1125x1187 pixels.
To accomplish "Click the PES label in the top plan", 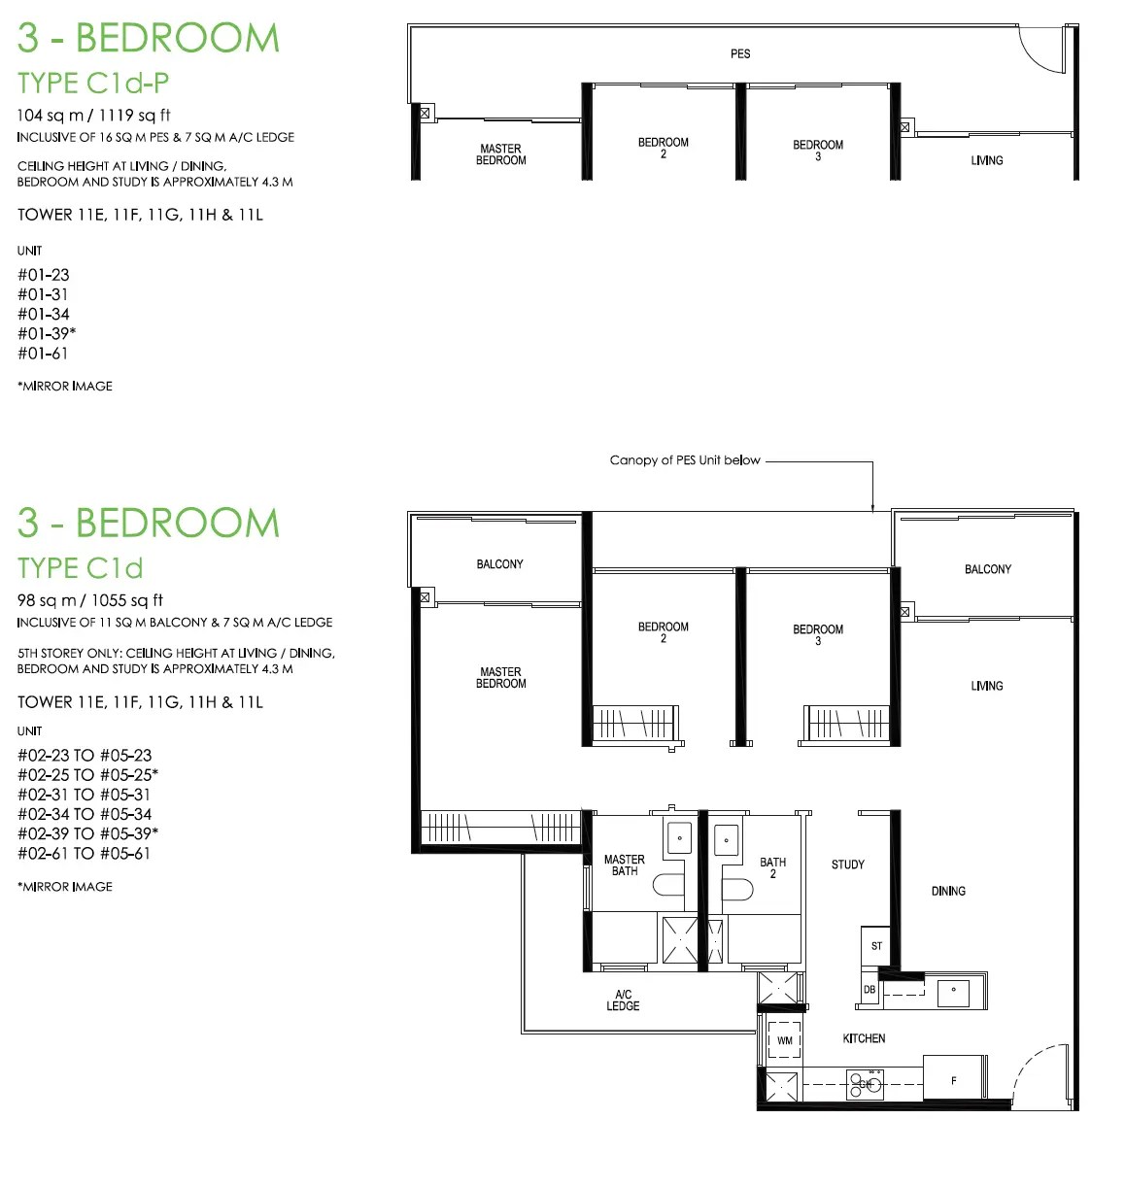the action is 739,53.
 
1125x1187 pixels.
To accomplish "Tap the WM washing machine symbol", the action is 784,1039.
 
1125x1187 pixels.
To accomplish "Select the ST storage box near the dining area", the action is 875,946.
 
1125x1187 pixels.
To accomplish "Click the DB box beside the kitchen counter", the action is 869,989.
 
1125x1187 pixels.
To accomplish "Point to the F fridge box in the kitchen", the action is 953,1080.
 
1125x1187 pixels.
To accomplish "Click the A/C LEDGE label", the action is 623,1000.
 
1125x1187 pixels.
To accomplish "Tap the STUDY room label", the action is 847,865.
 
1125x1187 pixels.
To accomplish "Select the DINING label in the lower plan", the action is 948,891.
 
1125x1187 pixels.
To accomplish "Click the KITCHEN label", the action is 864,1037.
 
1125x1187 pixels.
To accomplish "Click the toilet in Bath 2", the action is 737,890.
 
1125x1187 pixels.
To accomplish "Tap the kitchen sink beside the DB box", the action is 953,993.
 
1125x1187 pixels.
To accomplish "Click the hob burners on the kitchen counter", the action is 864,1084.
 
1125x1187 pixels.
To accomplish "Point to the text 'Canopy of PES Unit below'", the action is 685,460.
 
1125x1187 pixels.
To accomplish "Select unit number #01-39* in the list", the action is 47,333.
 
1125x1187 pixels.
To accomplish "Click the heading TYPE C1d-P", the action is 93,83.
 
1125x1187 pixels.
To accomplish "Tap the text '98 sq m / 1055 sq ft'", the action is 90,600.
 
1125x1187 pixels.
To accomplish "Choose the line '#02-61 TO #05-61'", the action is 84,853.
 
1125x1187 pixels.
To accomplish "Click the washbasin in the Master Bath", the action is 679,837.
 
